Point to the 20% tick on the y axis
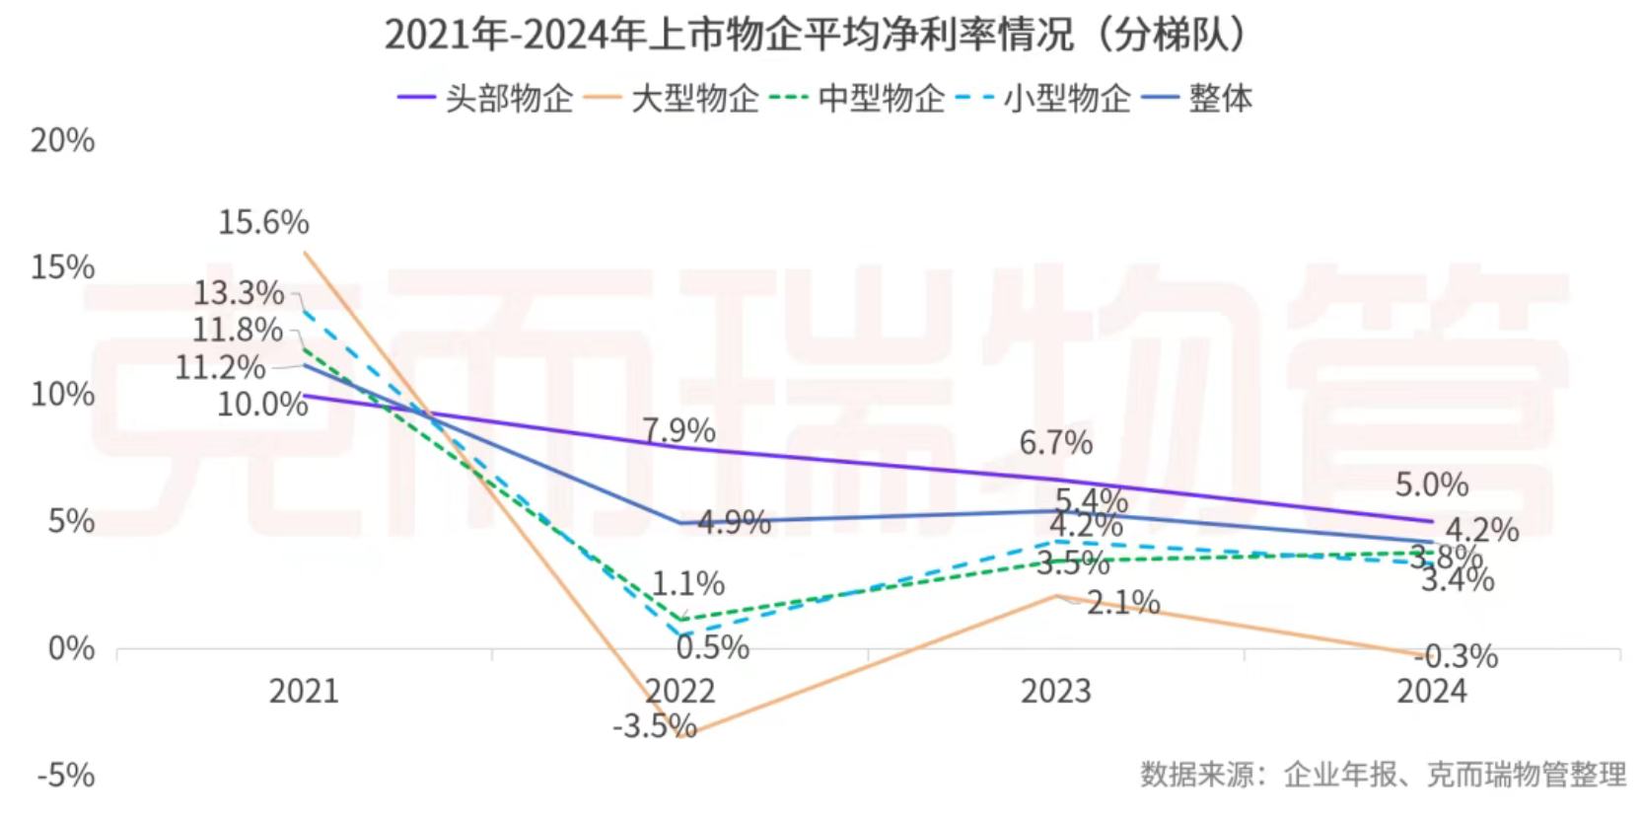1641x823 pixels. [x=63, y=141]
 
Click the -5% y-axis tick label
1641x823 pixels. [x=66, y=776]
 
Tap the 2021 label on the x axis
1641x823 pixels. [x=304, y=691]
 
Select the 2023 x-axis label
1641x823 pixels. [x=1055, y=691]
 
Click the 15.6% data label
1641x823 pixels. [x=263, y=222]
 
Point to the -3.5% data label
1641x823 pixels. [x=654, y=727]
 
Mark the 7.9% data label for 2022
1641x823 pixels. [x=678, y=430]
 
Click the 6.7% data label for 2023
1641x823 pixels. [x=1055, y=443]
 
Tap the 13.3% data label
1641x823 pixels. [x=238, y=293]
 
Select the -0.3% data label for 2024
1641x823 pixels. [x=1456, y=656]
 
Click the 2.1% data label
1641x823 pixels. [x=1123, y=602]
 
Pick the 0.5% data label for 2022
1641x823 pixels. [x=712, y=648]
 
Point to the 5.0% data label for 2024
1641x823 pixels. [x=1431, y=485]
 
